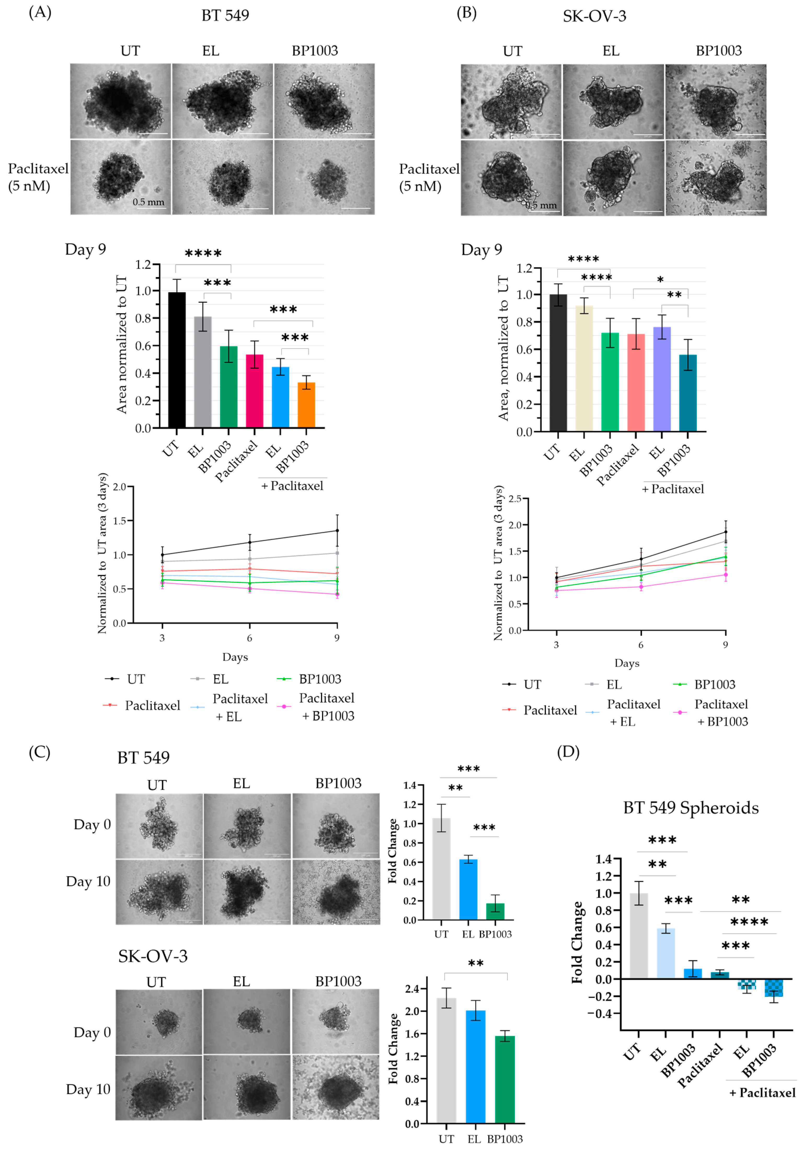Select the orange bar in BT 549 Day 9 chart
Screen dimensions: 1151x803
[306, 405]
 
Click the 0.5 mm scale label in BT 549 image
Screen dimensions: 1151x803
[148, 202]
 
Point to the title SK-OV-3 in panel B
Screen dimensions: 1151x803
[594, 16]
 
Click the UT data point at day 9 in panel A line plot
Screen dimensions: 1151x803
[337, 530]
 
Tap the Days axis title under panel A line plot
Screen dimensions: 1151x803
[235, 657]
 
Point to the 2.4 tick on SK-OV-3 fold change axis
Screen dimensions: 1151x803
[412, 989]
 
